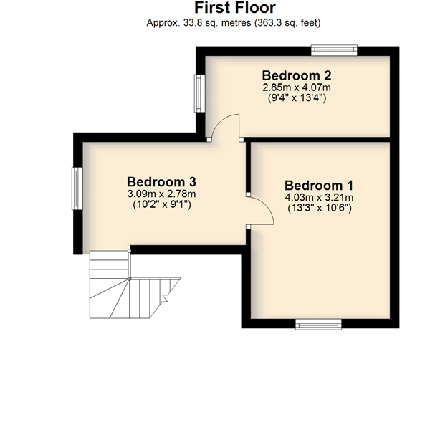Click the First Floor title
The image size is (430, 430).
point(235,8)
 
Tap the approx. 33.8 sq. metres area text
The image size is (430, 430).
point(234,22)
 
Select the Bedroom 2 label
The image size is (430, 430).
point(297,75)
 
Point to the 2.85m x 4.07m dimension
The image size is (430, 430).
point(297,87)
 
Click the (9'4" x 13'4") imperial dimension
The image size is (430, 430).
point(297,97)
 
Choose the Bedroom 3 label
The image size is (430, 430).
point(161,182)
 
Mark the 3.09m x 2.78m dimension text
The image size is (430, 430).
point(161,194)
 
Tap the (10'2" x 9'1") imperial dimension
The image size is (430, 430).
point(162,204)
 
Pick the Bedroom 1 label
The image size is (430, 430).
point(319,186)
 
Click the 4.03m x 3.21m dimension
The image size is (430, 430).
point(319,198)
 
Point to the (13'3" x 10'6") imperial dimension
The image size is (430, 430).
point(320,208)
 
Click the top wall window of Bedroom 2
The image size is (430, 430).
point(334,50)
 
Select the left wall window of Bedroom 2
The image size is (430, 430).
point(200,93)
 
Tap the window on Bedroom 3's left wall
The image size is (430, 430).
point(77,188)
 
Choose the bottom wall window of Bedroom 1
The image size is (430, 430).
point(318,324)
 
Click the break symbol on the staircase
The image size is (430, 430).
point(166,297)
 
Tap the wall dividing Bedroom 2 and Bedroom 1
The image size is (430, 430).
point(317,140)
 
